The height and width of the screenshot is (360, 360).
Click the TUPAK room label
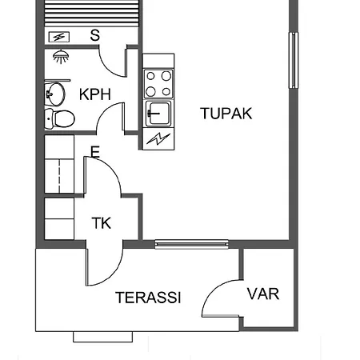coord(226,114)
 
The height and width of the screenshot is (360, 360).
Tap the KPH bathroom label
coord(94,94)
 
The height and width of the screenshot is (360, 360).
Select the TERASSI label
coord(148,298)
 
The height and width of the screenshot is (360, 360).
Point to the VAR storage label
coord(263,294)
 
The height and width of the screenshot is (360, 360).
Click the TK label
coord(101,224)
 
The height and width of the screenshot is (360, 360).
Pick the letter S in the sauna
coord(95,34)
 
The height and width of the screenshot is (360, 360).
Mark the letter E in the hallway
coord(95,151)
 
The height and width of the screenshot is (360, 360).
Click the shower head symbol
coord(58,55)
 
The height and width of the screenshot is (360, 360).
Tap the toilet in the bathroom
coord(60,119)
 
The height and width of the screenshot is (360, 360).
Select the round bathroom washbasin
coord(54,94)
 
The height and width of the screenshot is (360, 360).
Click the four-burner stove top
coord(158,82)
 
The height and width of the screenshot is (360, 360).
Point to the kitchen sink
coord(158,111)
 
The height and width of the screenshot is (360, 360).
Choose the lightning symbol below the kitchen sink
coord(158,138)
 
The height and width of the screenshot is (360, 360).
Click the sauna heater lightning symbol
coord(58,37)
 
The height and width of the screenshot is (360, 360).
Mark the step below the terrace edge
coord(102,336)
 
